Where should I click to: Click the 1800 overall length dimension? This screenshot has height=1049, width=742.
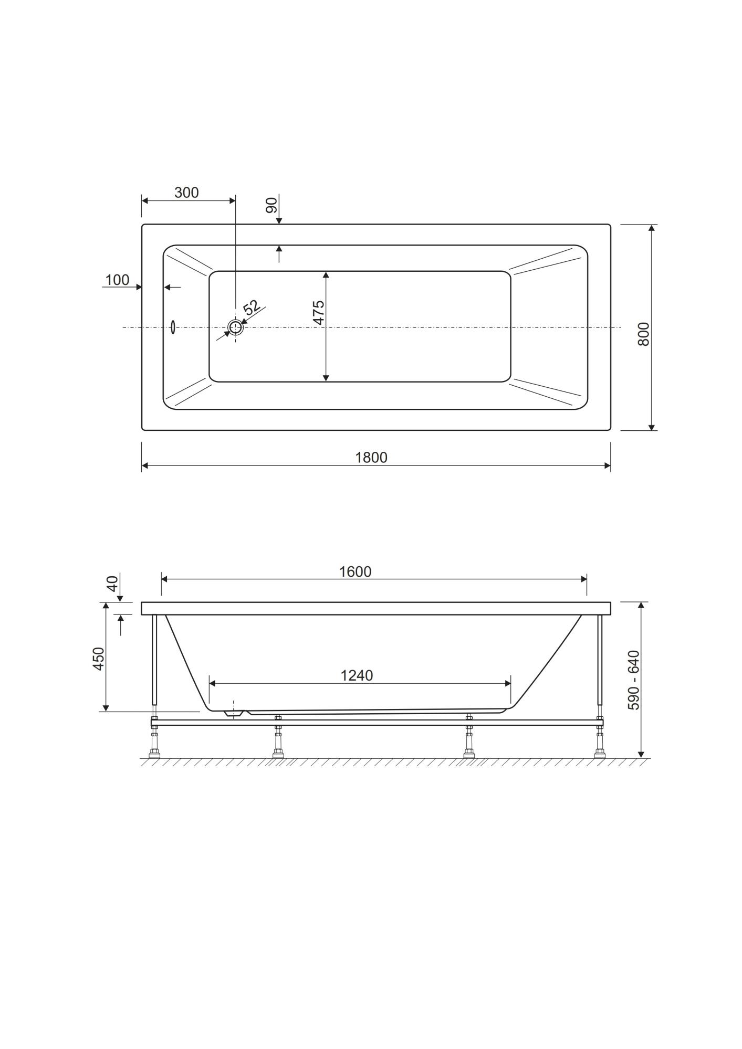click(x=371, y=458)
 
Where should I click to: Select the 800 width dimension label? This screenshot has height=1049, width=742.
click(x=644, y=334)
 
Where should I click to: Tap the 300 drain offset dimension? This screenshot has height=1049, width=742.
click(x=186, y=193)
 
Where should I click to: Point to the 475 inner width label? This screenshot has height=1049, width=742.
click(x=319, y=313)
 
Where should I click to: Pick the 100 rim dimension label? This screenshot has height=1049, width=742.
click(x=117, y=280)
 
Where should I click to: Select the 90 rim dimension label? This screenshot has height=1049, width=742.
click(x=271, y=206)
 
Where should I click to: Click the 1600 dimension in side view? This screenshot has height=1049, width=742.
click(x=356, y=571)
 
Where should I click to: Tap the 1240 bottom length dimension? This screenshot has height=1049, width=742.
click(x=357, y=675)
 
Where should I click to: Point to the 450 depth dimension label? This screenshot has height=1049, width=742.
click(x=99, y=659)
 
